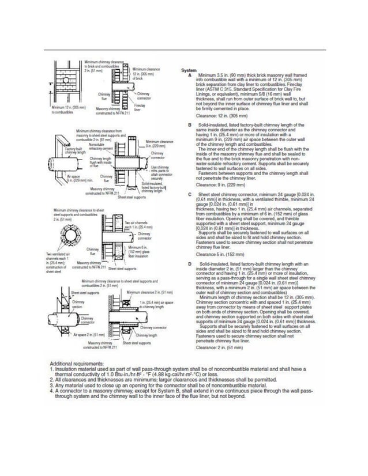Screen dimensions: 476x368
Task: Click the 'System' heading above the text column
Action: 190,70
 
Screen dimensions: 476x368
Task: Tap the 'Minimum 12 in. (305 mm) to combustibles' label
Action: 68,110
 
